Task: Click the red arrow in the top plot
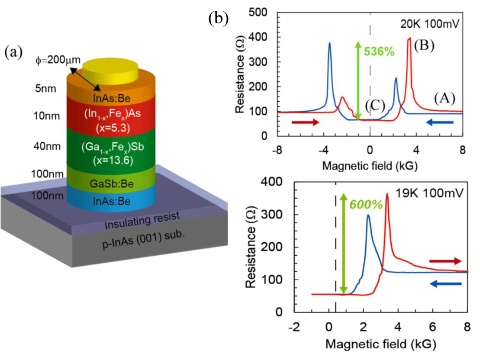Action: tap(305, 123)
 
